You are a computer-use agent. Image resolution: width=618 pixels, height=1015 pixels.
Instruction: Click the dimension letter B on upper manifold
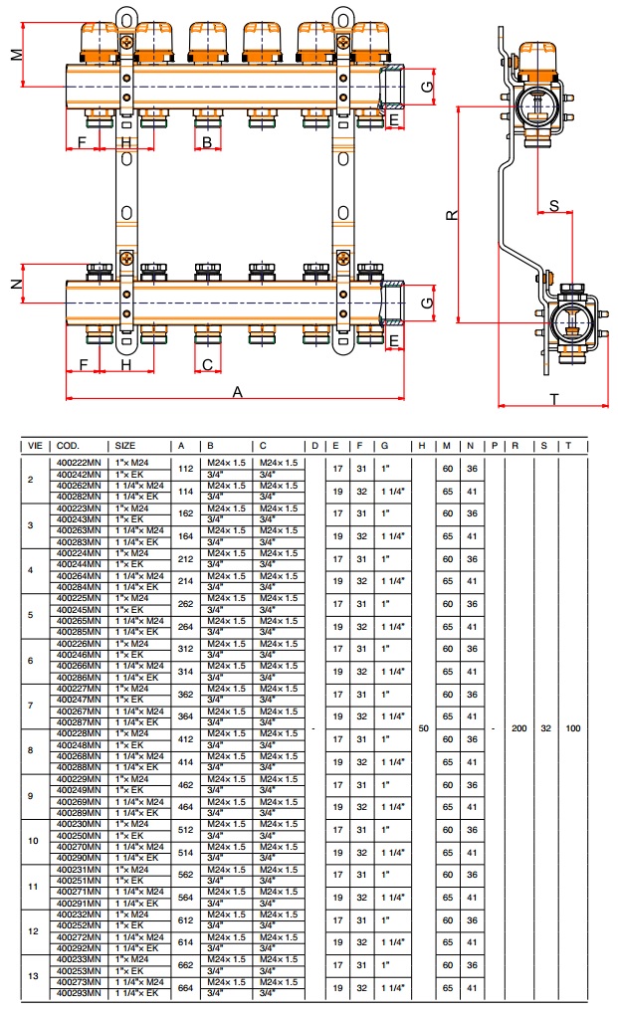click(x=207, y=142)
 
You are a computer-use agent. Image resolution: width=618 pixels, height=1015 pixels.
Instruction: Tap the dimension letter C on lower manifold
click(x=207, y=364)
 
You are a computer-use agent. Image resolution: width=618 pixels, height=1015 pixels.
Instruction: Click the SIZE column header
click(x=125, y=445)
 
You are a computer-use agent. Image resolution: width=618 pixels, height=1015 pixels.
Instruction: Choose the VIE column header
click(x=35, y=445)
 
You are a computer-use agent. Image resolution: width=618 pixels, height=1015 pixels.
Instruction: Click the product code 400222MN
click(x=79, y=463)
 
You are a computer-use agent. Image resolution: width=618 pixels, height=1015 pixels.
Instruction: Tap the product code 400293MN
click(x=79, y=993)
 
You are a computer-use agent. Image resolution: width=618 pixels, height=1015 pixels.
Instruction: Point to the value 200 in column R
click(x=517, y=728)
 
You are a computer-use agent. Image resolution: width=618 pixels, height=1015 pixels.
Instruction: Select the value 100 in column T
click(x=572, y=728)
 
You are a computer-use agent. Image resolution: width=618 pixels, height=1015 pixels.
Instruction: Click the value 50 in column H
click(x=423, y=728)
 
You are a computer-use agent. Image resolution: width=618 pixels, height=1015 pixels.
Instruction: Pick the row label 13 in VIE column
click(x=33, y=976)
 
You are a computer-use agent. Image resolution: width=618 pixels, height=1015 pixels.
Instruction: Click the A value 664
click(x=185, y=987)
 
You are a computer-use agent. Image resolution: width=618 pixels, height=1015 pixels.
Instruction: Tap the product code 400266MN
click(x=79, y=665)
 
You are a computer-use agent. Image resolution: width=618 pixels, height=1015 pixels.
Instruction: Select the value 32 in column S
click(x=544, y=728)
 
